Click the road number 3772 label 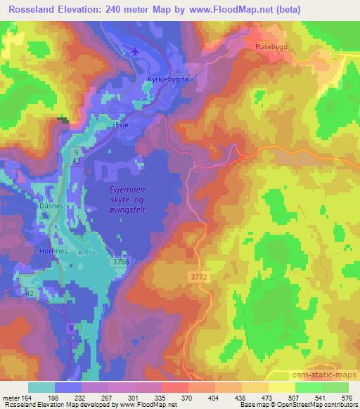[x=199, y=278]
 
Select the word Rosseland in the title [x=29, y=8]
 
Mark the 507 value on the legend [x=294, y=398]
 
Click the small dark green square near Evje [x=64, y=120]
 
